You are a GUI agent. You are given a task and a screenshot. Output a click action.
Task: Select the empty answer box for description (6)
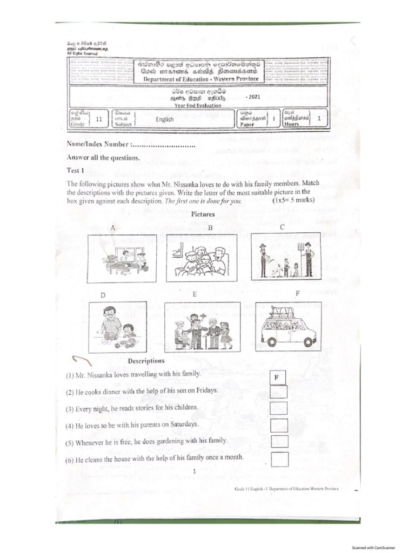pos(279,460)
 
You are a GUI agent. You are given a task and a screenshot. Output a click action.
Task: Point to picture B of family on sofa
pos(202,257)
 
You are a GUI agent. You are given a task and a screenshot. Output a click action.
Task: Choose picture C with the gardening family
pos(286,256)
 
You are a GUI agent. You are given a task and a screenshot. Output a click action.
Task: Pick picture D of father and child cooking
pos(117,327)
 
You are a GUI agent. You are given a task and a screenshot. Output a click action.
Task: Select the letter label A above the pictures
pos(113,228)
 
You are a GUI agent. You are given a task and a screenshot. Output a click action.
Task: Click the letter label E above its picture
pos(195,295)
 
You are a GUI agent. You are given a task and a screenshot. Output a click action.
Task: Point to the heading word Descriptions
pos(146,361)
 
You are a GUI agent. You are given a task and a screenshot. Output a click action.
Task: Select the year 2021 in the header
pos(252,97)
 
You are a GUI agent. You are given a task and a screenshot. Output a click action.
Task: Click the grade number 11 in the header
pos(98,119)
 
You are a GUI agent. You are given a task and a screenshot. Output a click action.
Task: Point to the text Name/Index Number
pos(97,145)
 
